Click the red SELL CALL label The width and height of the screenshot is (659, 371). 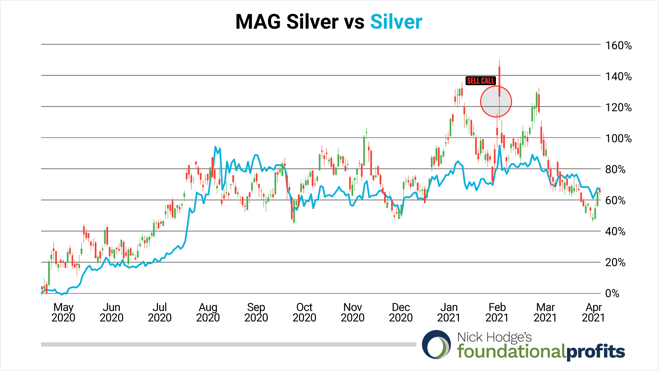[481, 81]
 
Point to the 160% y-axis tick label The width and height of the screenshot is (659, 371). [618, 45]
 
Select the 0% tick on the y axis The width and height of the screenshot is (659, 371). [612, 293]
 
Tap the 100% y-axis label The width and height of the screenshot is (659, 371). [618, 138]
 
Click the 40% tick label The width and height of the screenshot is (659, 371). [615, 232]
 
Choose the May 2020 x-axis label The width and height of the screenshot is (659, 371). [63, 312]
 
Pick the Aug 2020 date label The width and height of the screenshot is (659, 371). [208, 312]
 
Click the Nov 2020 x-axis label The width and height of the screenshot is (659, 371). [352, 312]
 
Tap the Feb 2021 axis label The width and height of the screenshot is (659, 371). [497, 312]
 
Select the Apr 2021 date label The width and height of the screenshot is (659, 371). [593, 312]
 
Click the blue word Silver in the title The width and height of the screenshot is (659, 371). [396, 22]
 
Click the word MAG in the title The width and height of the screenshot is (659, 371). [258, 22]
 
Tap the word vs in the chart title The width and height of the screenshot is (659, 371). [354, 22]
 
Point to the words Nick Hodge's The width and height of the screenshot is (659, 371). [494, 337]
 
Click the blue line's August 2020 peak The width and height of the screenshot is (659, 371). [215, 147]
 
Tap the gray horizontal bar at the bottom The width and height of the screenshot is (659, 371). [228, 344]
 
